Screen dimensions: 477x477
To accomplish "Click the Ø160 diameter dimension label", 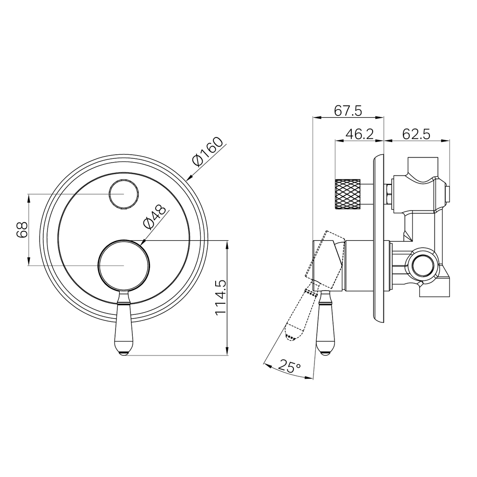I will [207, 151].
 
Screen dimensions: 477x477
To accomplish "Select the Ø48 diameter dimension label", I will [155, 217].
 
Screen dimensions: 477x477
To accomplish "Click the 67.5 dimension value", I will [348, 110].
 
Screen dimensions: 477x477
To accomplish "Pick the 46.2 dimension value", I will [359, 134].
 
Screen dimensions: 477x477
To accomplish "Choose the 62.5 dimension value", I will [416, 134].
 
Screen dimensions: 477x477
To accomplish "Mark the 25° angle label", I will [289, 366].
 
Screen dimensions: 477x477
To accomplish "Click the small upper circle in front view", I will [123, 194].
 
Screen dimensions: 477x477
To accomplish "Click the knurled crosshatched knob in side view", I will [348, 194].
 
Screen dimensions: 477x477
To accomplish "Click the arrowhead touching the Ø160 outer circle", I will [189, 177].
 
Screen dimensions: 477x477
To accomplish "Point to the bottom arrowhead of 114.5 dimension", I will [227, 352].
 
